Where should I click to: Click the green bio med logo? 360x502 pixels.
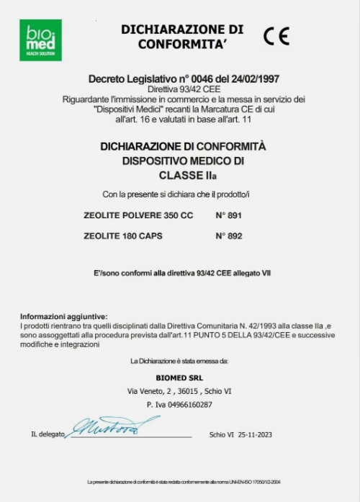pos(40,40)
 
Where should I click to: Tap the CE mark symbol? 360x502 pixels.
pos(276,36)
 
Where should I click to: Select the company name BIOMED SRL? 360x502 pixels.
pos(179,377)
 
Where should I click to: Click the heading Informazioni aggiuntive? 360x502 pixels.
pos(63,316)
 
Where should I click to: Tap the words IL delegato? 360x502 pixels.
pos(48,435)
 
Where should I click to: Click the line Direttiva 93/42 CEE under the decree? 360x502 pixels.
pos(179,88)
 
